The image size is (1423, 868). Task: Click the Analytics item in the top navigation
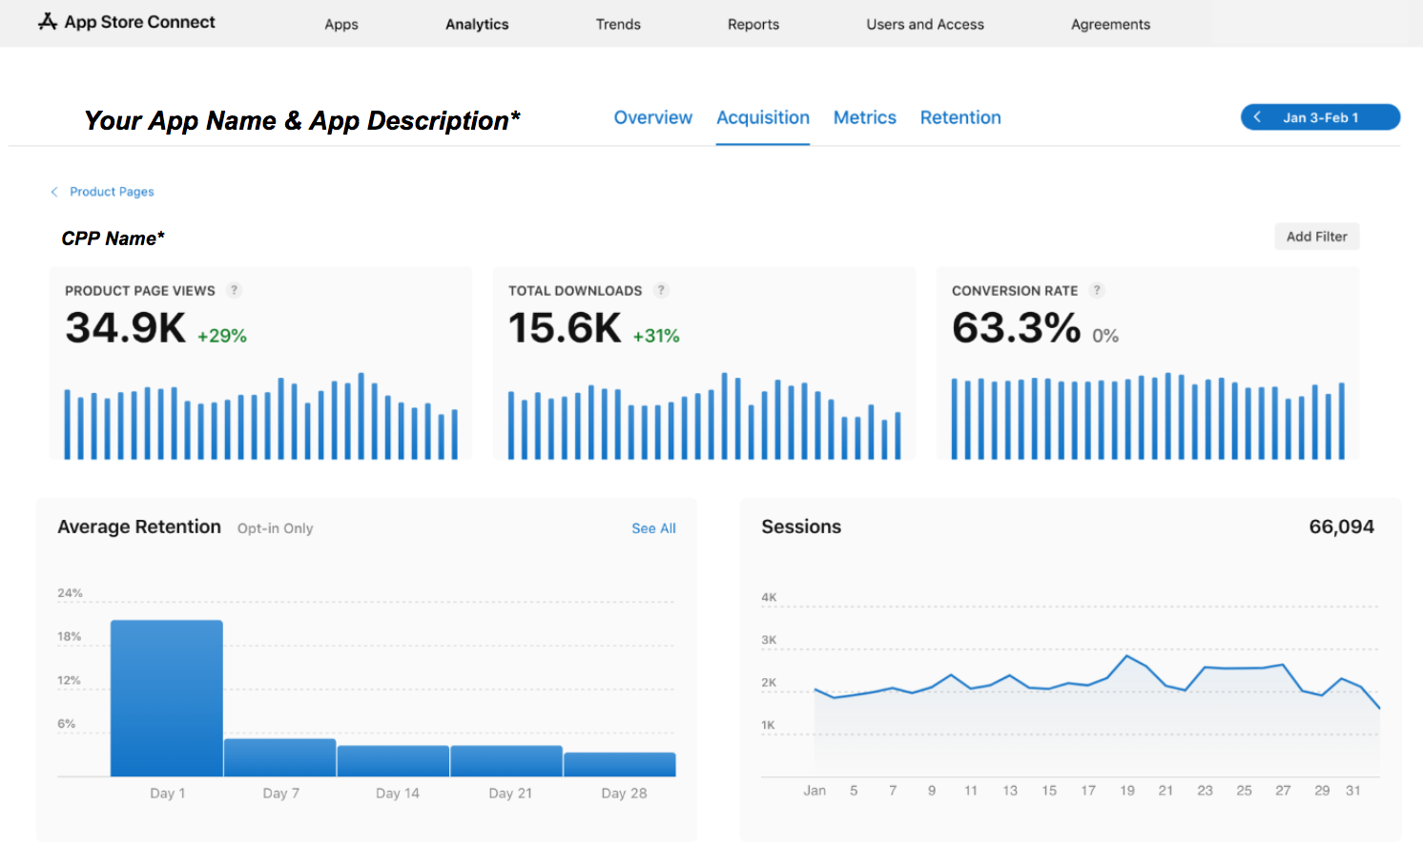click(477, 24)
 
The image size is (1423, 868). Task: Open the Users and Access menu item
click(924, 24)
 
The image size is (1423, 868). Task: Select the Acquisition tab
click(762, 117)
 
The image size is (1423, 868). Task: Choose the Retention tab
click(959, 117)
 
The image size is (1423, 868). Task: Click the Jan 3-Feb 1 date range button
click(1320, 117)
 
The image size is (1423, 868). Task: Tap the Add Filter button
click(1316, 237)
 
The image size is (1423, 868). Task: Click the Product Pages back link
click(111, 192)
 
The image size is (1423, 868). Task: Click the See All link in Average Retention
click(653, 528)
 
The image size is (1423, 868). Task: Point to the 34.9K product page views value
click(125, 328)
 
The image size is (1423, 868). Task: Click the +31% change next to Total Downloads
click(656, 336)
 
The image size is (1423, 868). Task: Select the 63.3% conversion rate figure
click(1016, 328)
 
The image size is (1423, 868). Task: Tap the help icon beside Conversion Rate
click(1097, 290)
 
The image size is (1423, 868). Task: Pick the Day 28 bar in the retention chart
click(620, 764)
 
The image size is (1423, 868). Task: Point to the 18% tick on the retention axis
click(70, 636)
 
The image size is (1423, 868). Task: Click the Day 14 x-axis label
click(398, 793)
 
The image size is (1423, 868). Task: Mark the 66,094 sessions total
click(1341, 527)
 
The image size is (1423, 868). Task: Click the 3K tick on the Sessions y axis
click(769, 640)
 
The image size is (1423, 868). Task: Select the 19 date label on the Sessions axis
click(1127, 791)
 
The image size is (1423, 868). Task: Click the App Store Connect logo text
click(139, 22)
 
